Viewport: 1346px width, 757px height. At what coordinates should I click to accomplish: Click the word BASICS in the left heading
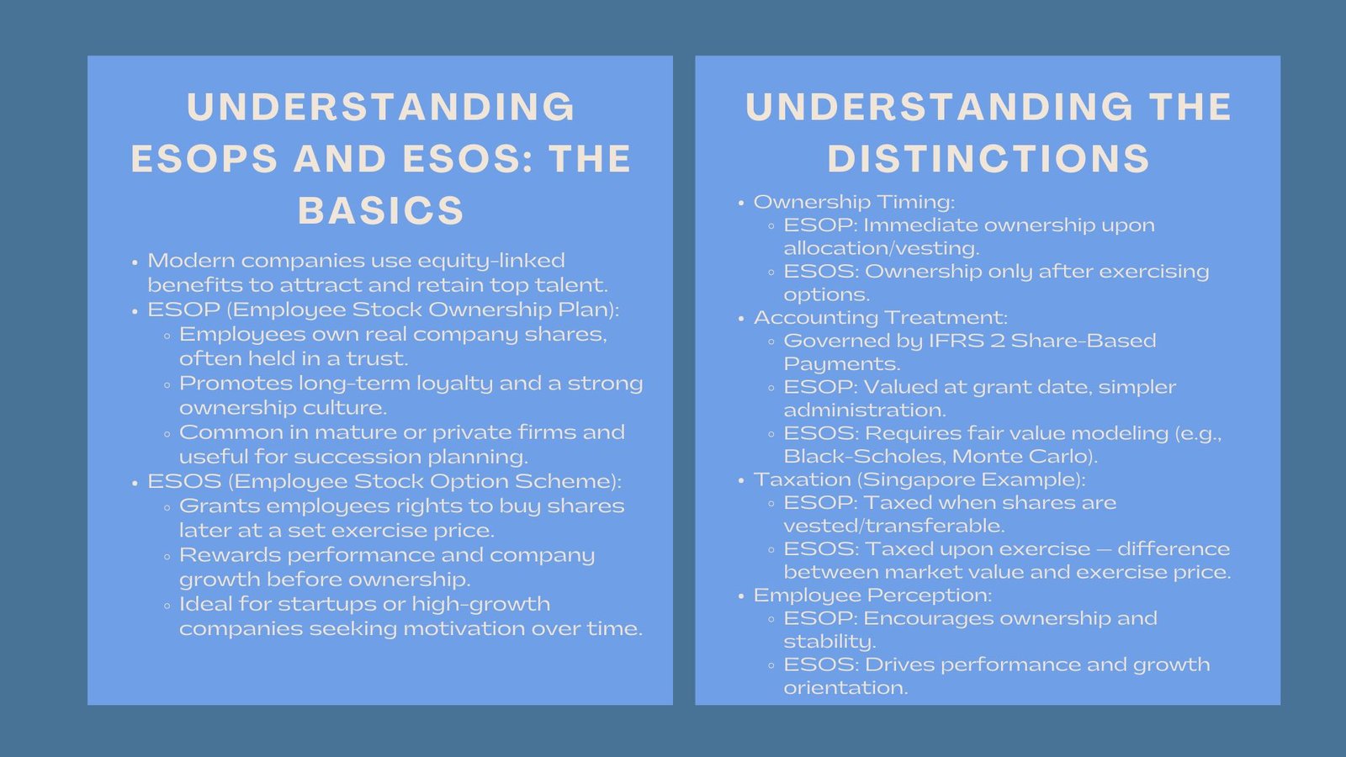point(380,210)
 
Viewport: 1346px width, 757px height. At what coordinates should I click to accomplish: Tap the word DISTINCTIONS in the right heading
point(988,159)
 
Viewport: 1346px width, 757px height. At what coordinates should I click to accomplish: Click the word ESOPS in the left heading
point(204,159)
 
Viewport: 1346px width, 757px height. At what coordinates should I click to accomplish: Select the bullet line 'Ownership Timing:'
point(854,202)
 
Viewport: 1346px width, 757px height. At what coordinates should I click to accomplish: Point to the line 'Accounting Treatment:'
point(880,317)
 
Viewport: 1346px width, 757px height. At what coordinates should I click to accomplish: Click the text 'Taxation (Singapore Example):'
point(919,479)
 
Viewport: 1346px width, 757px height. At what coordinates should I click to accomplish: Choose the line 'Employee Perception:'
point(872,596)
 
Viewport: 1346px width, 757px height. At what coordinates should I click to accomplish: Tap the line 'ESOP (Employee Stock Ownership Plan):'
point(383,310)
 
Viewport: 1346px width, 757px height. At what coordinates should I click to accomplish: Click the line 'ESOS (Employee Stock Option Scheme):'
point(384,481)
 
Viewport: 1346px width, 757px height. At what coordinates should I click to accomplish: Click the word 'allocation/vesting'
point(880,248)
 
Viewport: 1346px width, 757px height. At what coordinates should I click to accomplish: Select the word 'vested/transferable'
point(893,526)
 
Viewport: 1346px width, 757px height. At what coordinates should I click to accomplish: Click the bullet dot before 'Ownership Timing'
point(741,203)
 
